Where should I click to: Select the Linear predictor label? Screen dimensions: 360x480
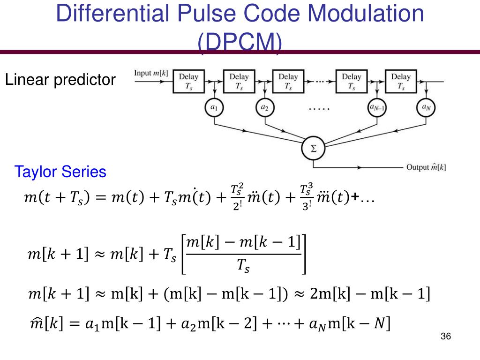(60, 80)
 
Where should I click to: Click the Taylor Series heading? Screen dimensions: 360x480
(60, 172)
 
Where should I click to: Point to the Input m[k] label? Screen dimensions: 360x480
(151, 73)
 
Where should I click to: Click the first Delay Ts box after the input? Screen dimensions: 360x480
(189, 81)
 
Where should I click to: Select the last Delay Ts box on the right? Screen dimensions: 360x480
(400, 81)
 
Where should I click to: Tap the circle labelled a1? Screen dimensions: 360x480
(214, 108)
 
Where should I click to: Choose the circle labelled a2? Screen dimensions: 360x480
(264, 108)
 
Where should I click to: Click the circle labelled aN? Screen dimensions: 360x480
(426, 108)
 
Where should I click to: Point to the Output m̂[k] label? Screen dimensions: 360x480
(426, 167)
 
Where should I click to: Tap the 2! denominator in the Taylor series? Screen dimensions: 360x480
(237, 206)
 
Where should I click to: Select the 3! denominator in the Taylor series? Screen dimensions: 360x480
(306, 206)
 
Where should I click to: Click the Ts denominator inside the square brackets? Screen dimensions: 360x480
(243, 267)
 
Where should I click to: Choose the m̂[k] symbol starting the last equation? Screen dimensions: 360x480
(43, 323)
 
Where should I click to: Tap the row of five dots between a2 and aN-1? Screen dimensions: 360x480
(319, 109)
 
